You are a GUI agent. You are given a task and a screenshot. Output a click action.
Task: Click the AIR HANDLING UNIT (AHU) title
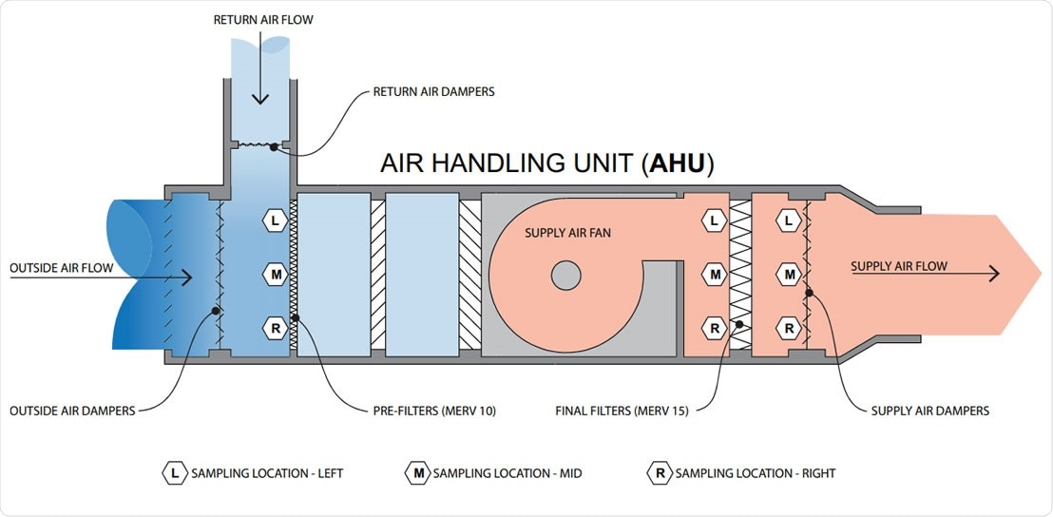546,163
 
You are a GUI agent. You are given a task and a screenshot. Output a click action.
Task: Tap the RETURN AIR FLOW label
263,19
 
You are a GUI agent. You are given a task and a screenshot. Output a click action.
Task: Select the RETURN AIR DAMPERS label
433,92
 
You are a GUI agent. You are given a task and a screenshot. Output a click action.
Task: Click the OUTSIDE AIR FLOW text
61,268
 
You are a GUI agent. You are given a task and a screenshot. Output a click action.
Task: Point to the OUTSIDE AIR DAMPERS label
72,411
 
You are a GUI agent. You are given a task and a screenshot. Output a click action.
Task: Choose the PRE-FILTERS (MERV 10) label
434,411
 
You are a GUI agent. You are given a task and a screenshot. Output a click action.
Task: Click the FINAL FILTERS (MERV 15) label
622,411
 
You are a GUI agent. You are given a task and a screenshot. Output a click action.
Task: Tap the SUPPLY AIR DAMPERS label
930,411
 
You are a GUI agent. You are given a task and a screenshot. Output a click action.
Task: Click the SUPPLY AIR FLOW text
899,266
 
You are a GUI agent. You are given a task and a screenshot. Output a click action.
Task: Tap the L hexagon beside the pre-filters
276,220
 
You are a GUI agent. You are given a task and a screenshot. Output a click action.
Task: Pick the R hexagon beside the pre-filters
276,329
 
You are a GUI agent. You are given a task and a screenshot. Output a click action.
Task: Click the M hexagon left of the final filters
715,275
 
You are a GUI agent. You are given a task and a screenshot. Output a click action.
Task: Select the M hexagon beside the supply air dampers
788,275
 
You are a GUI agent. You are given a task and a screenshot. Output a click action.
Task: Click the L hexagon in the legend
174,472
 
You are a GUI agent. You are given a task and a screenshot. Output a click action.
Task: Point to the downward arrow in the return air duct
259,90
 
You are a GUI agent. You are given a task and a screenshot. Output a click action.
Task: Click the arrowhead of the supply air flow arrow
994,275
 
